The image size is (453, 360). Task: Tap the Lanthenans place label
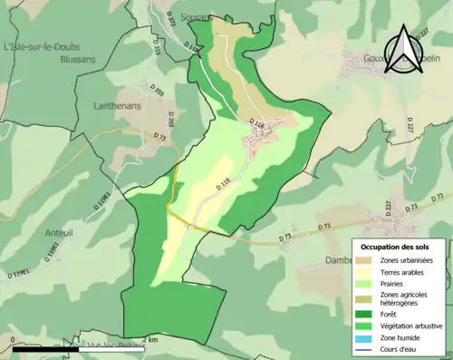click(x=118, y=105)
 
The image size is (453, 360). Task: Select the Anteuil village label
click(x=59, y=233)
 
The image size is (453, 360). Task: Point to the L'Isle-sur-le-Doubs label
click(x=42, y=46)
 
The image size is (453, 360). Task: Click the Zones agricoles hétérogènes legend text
click(x=405, y=298)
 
